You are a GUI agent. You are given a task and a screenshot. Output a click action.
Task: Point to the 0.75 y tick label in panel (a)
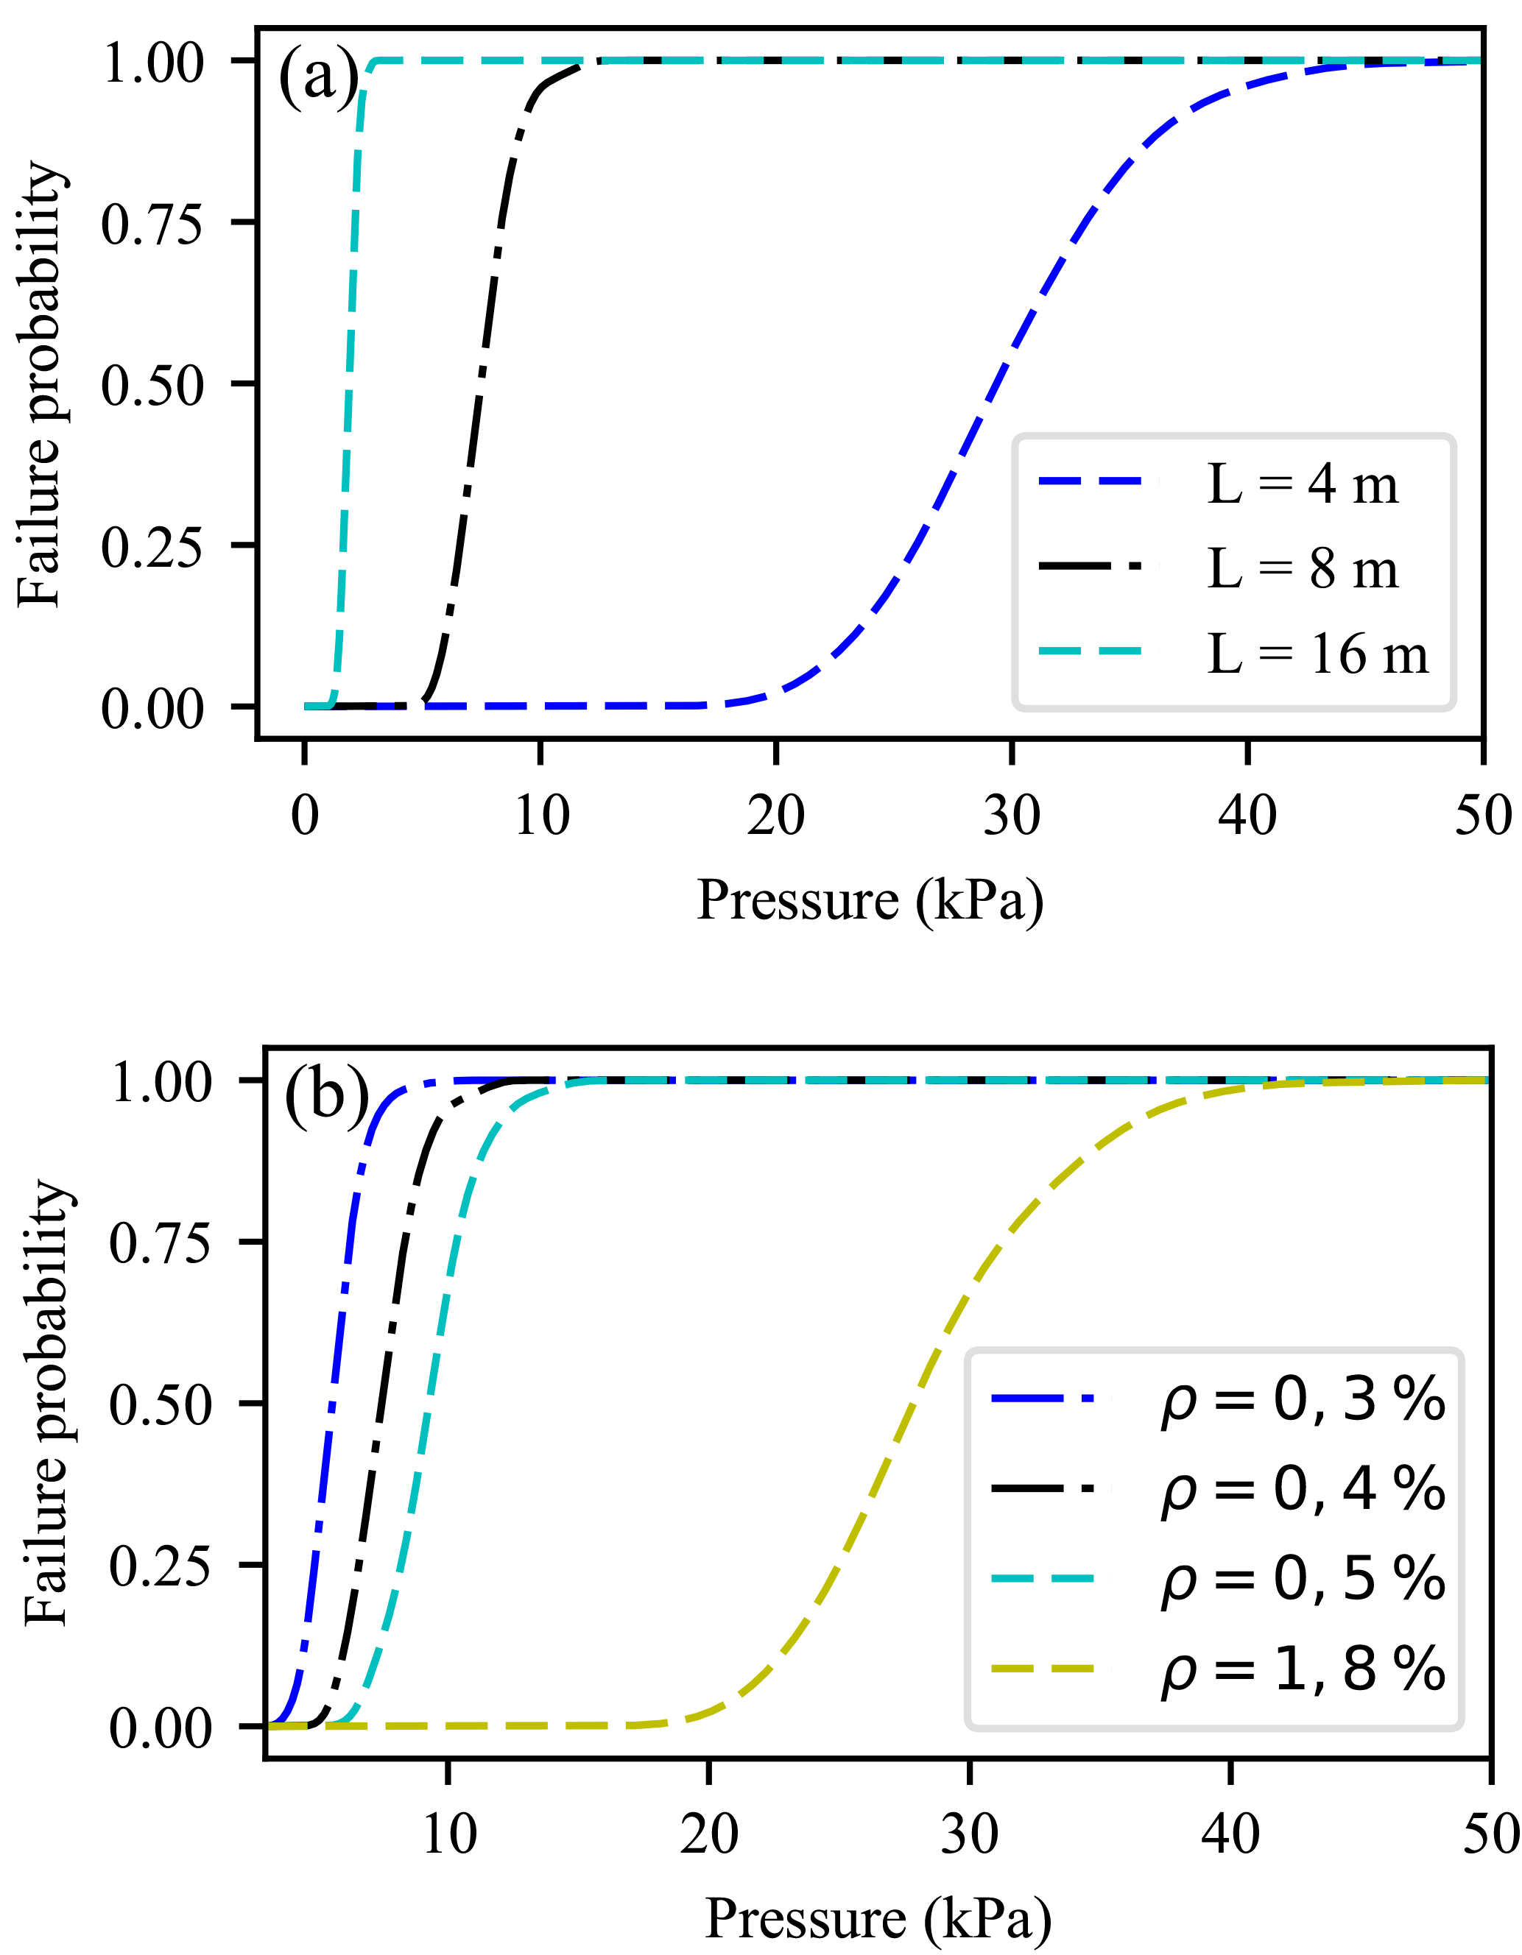[x=152, y=224]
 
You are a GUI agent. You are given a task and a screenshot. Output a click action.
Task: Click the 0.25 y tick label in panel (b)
[x=159, y=1566]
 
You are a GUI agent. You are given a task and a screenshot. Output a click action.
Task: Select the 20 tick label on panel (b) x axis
[x=709, y=1835]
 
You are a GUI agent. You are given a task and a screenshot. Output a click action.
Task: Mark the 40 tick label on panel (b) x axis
[x=1231, y=1835]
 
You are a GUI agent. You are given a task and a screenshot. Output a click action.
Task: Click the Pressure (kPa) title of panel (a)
[x=870, y=900]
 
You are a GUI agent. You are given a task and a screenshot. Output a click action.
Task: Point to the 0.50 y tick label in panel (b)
[x=159, y=1405]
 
